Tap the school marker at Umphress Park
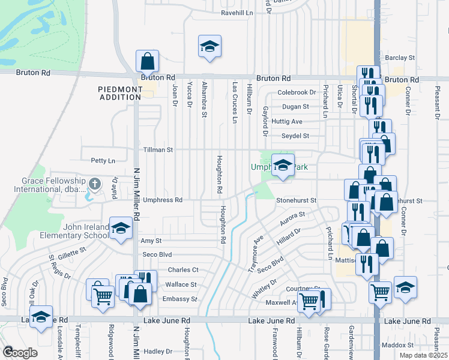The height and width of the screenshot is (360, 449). click(x=282, y=164)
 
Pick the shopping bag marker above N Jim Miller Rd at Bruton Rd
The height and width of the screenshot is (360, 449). click(x=147, y=61)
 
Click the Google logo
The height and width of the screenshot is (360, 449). click(x=20, y=352)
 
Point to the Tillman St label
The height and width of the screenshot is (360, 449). click(x=157, y=149)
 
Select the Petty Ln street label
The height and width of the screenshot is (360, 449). click(x=103, y=161)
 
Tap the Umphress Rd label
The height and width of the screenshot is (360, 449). click(x=162, y=200)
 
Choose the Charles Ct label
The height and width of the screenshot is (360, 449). click(x=182, y=270)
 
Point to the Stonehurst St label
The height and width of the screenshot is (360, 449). click(x=296, y=200)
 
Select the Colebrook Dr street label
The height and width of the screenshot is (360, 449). click(x=297, y=92)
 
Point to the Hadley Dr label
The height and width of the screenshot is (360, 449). click(x=158, y=352)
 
